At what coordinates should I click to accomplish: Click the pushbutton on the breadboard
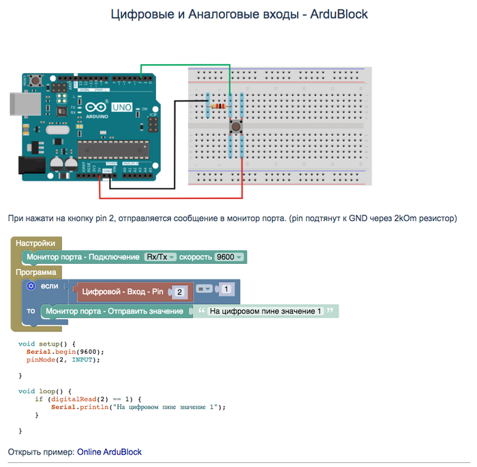coord(236,126)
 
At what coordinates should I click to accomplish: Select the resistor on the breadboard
coord(219,106)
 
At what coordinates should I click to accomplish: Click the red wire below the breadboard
coord(170,198)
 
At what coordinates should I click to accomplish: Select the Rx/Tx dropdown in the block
coord(160,257)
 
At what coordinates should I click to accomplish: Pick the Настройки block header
coord(35,243)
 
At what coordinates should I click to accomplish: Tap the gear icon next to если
coord(31,286)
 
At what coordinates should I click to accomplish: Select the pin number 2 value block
coord(179,292)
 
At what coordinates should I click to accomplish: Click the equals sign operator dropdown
coord(204,289)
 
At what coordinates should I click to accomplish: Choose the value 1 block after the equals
coord(226,289)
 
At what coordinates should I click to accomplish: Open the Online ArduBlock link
coord(109,451)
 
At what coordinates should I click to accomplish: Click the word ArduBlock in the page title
coord(339,14)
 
